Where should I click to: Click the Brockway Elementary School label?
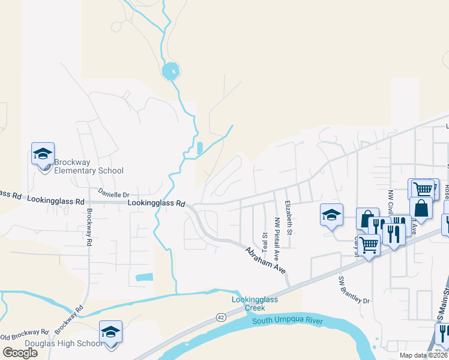coord(89,166)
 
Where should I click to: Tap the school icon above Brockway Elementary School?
coord(43,154)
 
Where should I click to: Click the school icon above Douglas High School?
coord(110,332)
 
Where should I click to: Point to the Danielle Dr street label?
coord(113,194)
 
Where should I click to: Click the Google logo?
coord(20,353)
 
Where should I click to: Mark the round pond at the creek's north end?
coord(170,71)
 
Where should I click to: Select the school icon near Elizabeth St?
coord(331,216)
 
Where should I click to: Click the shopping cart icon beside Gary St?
coord(369,244)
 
